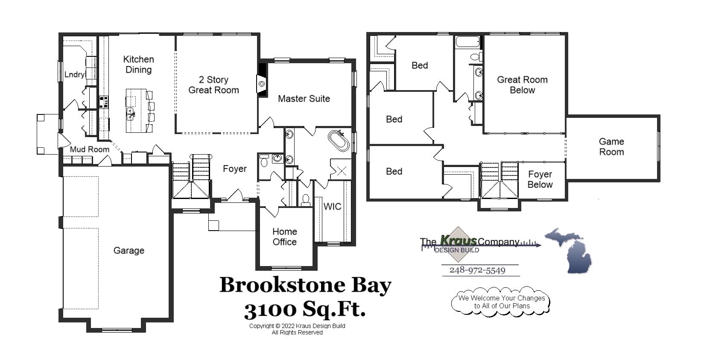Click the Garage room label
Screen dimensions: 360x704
pos(129,251)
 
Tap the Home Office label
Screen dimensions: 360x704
pos(284,237)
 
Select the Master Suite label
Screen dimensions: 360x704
pos(304,99)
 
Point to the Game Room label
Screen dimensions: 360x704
pos(611,146)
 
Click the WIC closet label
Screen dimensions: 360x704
pos(332,207)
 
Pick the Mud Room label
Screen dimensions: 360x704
pos(90,149)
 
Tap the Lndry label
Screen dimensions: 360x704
pos(74,75)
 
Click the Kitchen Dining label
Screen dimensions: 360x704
pos(138,64)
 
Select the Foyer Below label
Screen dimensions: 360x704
pos(540,179)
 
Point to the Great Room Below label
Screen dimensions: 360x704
pos(522,85)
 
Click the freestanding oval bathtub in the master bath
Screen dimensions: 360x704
pos(339,141)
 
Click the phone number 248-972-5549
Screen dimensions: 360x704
pos(477,270)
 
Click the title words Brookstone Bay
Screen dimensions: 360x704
pos(305,285)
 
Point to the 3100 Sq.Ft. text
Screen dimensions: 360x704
pos(305,309)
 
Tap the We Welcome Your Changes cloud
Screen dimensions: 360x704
pos(501,301)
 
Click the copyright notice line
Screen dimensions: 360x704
pos(297,326)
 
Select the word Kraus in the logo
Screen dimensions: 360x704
pos(458,240)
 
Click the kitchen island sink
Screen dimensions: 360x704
pos(130,112)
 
